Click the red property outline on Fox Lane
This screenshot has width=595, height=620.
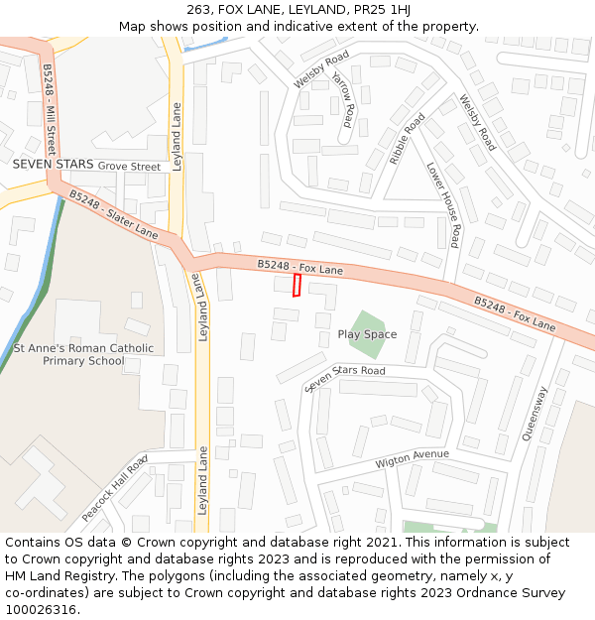click(x=297, y=285)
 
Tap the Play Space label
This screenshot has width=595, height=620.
click(x=367, y=334)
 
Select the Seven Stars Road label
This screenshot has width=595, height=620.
click(x=345, y=377)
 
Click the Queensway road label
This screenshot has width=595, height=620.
click(x=535, y=413)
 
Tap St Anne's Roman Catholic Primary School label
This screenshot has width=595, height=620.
click(x=83, y=355)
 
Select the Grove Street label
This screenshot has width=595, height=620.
click(x=129, y=167)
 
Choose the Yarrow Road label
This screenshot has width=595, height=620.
click(x=343, y=100)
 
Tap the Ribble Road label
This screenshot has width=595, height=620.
click(x=407, y=139)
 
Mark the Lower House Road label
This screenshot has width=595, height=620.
click(x=442, y=204)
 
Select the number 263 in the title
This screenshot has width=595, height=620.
click(x=198, y=10)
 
